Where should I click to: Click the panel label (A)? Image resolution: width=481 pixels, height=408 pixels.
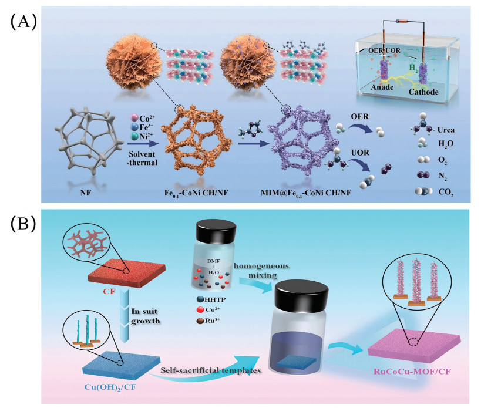pyautogui.click(x=24, y=22)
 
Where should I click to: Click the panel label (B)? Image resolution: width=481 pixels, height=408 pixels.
pyautogui.click(x=23, y=224)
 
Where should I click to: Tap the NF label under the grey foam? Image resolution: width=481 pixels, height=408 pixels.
pyautogui.click(x=85, y=193)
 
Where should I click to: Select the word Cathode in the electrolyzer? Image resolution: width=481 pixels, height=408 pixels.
pyautogui.click(x=423, y=92)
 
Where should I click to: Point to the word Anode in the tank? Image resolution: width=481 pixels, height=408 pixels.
pyautogui.click(x=382, y=87)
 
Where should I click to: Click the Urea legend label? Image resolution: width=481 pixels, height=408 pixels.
pyautogui.click(x=446, y=130)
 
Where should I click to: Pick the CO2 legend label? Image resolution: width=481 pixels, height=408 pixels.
pyautogui.click(x=446, y=192)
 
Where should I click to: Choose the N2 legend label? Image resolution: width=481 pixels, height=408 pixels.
pyautogui.click(x=442, y=176)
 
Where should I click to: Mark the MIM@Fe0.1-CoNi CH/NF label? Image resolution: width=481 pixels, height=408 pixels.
pyautogui.click(x=306, y=193)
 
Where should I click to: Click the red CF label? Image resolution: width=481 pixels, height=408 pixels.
pyautogui.click(x=109, y=292)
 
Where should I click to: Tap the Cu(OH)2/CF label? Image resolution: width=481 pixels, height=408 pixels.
pyautogui.click(x=110, y=387)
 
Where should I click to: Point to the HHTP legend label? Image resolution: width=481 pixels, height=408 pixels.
pyautogui.click(x=215, y=299)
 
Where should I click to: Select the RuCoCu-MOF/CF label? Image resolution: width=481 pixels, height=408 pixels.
pyautogui.click(x=412, y=372)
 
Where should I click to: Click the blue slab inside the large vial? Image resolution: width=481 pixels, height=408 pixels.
pyautogui.click(x=297, y=362)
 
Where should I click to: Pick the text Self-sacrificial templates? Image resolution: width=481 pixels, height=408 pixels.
pyautogui.click(x=211, y=370)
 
